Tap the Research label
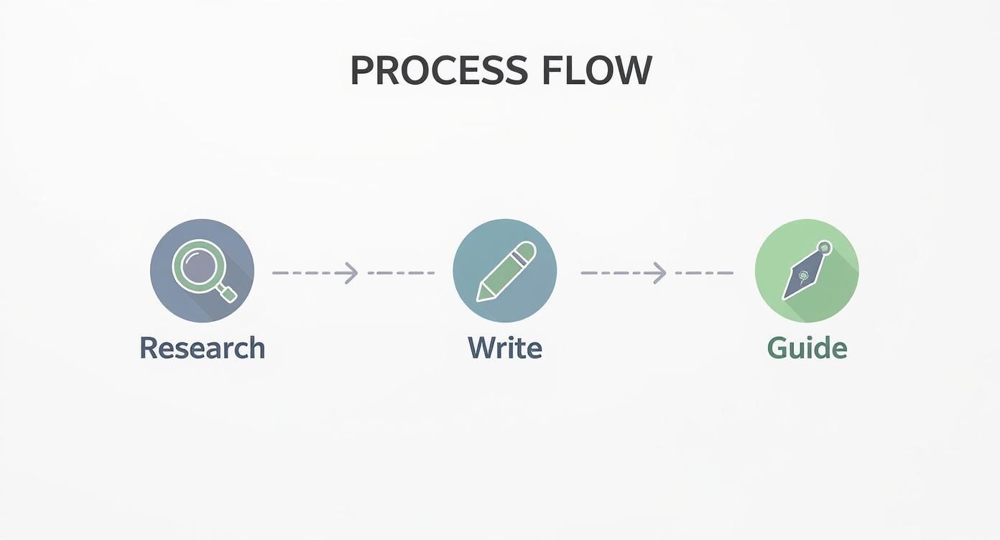(x=202, y=348)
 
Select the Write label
(x=504, y=348)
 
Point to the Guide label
(x=807, y=348)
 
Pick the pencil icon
(x=505, y=271)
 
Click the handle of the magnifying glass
(x=227, y=292)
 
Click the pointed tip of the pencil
(x=481, y=295)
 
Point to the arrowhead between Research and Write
(x=351, y=273)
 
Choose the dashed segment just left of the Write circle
(x=401, y=273)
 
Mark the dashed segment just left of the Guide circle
(x=704, y=273)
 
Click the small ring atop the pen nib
(x=824, y=248)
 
